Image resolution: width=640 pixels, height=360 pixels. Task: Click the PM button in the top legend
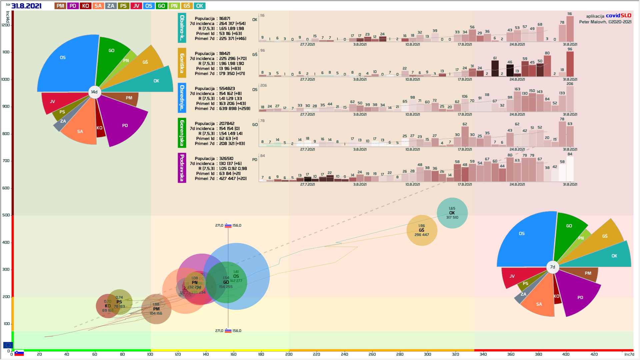[60, 6]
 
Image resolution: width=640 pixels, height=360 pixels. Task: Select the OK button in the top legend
[200, 6]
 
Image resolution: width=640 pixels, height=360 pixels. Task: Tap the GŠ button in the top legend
[187, 6]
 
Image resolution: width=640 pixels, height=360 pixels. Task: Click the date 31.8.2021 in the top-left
[26, 6]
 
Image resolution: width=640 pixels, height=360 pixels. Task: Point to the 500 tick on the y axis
[6, 215]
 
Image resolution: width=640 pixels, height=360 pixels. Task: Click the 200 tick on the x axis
[289, 354]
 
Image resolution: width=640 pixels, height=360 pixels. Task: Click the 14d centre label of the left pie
[94, 92]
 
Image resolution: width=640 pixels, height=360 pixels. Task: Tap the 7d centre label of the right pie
[553, 267]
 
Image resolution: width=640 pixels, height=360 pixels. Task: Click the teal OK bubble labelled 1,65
[452, 213]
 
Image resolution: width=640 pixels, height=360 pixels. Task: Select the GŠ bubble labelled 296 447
[422, 230]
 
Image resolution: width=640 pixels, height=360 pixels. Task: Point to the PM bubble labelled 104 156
[156, 309]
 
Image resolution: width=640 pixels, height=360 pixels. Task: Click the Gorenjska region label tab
[182, 133]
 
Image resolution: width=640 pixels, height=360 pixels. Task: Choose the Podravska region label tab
[182, 168]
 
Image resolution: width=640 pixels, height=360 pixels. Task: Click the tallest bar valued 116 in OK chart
[570, 29]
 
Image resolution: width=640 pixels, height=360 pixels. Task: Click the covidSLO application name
[618, 16]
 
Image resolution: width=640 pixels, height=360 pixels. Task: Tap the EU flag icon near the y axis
[8, 345]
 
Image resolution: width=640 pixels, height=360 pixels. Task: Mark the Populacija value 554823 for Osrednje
[227, 89]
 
